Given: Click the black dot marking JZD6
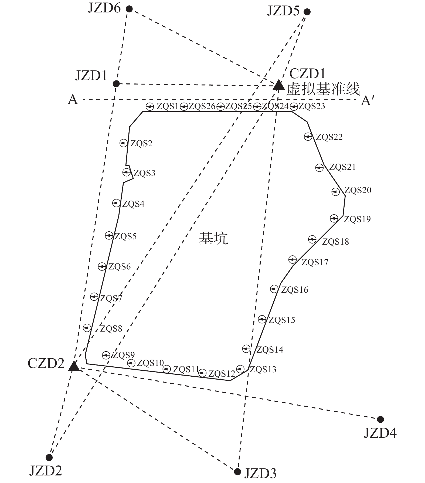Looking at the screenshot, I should point(129,9).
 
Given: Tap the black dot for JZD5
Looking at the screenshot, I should point(307,12).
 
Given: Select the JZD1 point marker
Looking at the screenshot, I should point(116,84).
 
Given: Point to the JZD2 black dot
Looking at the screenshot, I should point(49,457).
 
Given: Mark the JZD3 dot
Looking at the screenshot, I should point(237,472).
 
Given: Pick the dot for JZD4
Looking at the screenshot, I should point(380,419).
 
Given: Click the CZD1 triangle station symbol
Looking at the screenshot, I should point(278,85).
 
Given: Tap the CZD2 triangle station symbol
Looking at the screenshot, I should point(74,366).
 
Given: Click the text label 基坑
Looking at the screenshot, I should point(213,238).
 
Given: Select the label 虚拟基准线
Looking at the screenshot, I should point(323,89).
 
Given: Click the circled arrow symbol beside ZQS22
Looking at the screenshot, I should point(308,137).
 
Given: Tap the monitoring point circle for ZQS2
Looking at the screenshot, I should point(124,143).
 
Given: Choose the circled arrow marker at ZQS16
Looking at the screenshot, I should point(274,289).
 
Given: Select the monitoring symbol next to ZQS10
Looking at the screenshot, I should point(131,363).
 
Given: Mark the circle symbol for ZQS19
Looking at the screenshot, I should point(334,218).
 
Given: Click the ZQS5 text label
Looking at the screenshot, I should point(125,236).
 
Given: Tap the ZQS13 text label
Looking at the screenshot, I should point(263,369).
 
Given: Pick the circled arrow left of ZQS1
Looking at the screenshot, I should point(150,107).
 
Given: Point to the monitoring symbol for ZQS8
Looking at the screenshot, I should point(87,328).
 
